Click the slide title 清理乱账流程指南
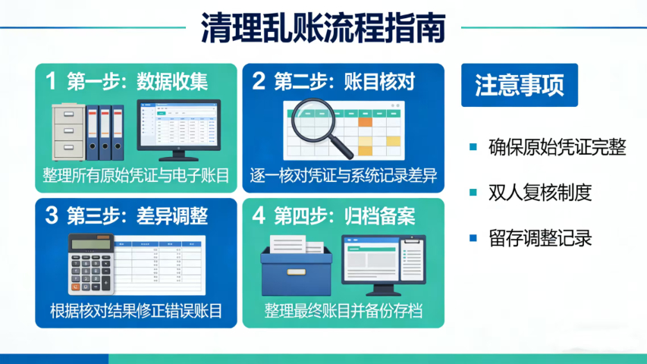(x=323, y=29)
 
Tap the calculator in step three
(x=90, y=264)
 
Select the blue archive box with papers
(x=297, y=265)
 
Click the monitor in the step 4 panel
(x=382, y=263)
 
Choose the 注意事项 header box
(x=520, y=86)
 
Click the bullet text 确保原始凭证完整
(x=557, y=147)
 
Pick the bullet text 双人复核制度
(x=540, y=193)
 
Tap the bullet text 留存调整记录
(x=540, y=237)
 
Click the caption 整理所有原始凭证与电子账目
(x=137, y=177)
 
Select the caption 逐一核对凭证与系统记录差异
(x=344, y=177)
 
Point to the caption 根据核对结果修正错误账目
(x=137, y=311)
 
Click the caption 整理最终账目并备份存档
(x=344, y=311)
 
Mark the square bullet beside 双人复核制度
(x=473, y=193)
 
